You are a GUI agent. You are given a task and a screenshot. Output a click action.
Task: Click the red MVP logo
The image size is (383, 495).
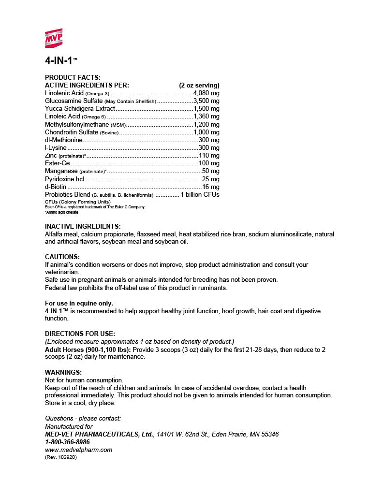(54, 38)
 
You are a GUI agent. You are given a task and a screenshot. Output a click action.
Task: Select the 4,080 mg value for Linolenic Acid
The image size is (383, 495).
(206, 93)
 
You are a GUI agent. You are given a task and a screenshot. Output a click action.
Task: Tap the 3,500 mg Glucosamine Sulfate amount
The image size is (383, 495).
(206, 101)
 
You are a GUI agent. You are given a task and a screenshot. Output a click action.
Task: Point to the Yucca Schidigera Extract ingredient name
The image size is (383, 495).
(80, 109)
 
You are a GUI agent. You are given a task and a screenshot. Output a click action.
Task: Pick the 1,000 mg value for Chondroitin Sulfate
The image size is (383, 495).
(206, 132)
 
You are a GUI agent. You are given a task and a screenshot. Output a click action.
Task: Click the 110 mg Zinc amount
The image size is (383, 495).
(209, 156)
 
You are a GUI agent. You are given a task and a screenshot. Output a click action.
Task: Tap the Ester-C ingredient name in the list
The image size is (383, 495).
(57, 163)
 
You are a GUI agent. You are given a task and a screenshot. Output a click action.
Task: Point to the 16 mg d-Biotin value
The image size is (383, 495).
(210, 187)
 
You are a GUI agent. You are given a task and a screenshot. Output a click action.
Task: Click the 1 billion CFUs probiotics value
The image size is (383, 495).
(200, 194)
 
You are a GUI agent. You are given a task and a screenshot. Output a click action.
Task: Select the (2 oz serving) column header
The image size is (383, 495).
(199, 86)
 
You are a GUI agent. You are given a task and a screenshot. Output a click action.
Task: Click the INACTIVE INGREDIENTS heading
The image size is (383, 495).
(83, 226)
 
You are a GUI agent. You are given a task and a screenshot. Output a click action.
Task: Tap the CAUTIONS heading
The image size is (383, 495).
(62, 257)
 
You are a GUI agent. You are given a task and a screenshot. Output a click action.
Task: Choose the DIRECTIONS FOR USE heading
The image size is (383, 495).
(80, 334)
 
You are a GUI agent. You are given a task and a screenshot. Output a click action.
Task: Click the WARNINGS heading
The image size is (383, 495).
(63, 372)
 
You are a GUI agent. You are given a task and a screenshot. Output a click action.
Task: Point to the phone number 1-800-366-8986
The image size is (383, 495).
(67, 442)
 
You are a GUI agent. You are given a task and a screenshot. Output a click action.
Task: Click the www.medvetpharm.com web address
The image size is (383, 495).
(78, 450)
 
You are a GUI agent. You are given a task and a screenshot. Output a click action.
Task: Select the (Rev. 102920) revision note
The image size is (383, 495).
(60, 457)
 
